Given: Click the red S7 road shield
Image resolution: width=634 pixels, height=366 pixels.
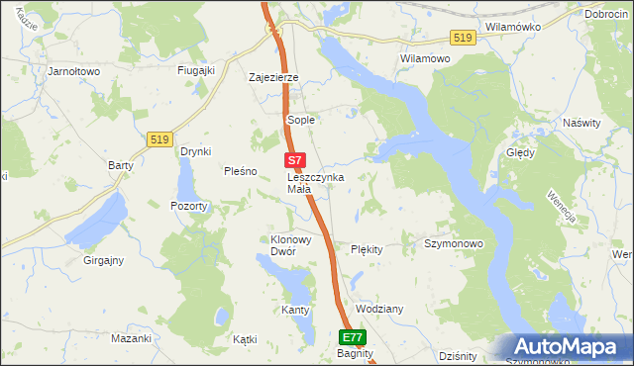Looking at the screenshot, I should click(294, 158).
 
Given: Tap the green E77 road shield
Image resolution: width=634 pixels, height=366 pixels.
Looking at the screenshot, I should click(354, 336).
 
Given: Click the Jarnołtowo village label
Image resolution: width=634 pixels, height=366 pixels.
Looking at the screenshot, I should click(75, 71).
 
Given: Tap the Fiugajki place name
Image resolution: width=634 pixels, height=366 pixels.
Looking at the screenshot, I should click(196, 71).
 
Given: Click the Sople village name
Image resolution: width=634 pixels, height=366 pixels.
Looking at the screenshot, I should click(300, 120).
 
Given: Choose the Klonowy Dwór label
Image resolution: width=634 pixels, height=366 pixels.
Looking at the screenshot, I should click(285, 245).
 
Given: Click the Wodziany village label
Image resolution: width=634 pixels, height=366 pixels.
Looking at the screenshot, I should click(378, 309).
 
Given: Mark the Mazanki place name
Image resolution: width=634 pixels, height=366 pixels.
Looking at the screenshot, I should click(131, 338).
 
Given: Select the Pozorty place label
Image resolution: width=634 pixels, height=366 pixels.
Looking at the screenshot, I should click(188, 207).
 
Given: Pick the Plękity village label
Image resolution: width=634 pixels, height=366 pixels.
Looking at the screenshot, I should click(367, 249).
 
